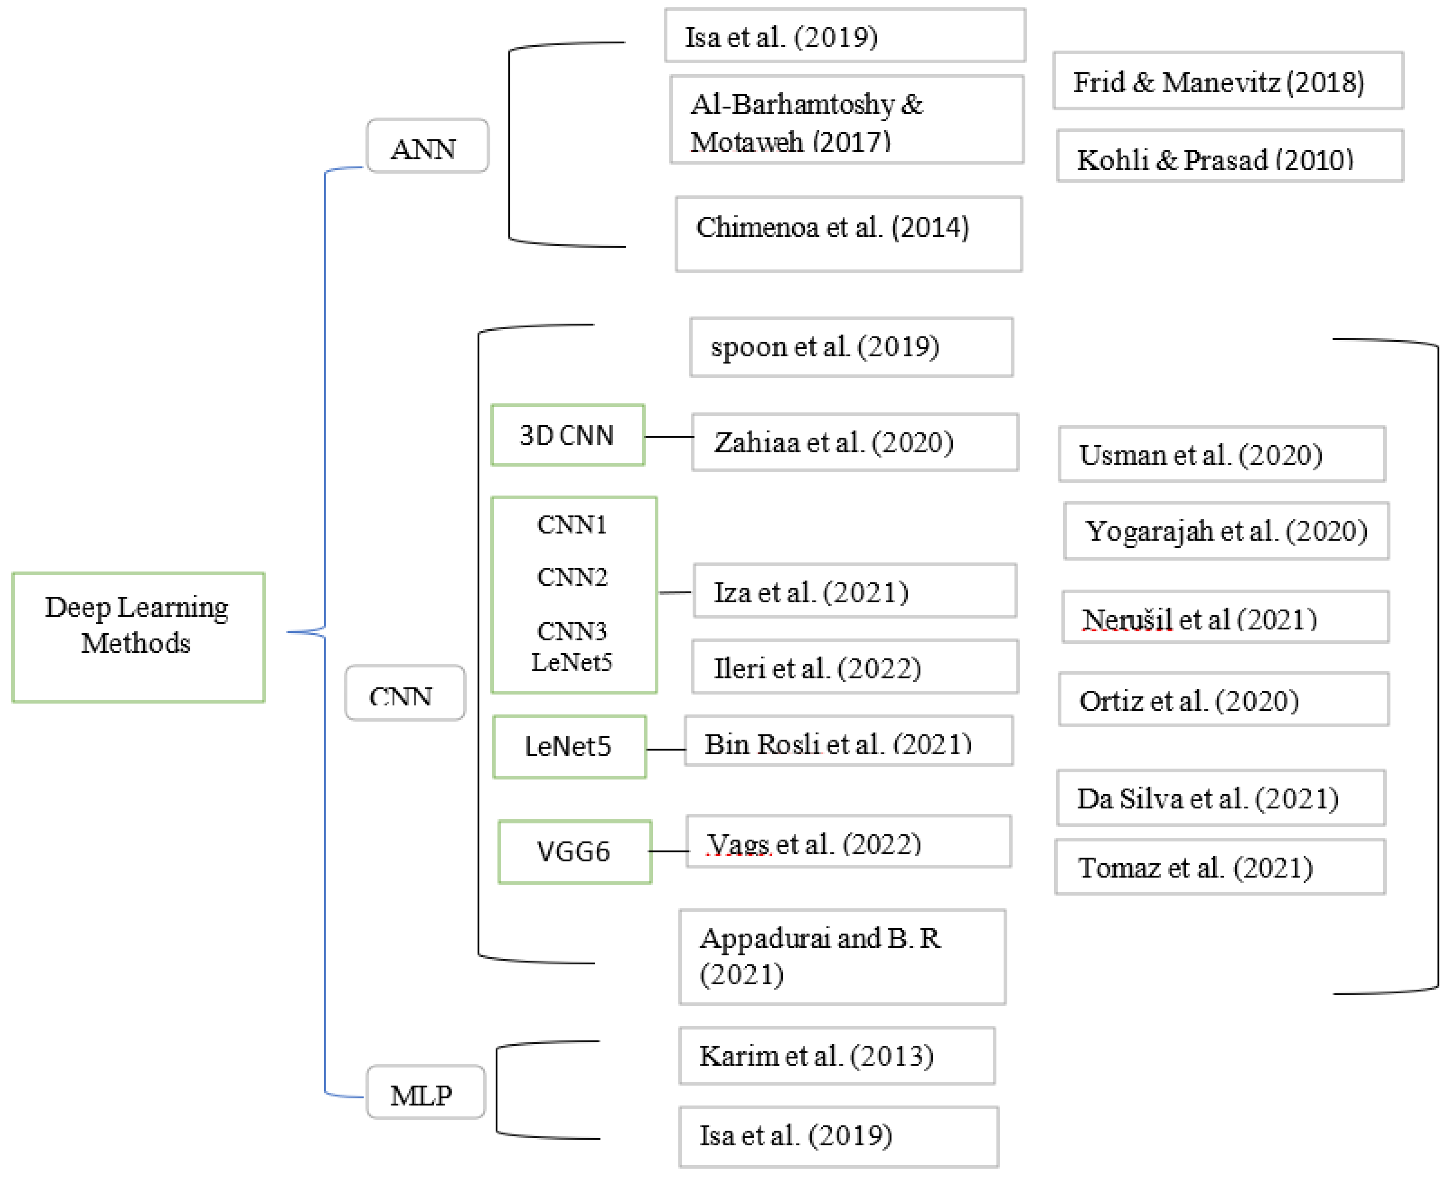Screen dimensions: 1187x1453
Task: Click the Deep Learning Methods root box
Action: [138, 637]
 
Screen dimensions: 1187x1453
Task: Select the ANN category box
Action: [427, 146]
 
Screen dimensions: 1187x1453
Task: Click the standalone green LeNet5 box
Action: [568, 747]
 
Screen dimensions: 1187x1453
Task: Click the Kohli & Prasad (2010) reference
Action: [1229, 157]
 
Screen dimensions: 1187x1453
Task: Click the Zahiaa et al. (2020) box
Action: [854, 442]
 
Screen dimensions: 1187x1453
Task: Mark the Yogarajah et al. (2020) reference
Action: [1226, 531]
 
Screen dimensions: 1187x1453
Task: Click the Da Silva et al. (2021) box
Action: [1220, 798]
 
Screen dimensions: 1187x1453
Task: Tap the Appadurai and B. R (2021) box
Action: [842, 956]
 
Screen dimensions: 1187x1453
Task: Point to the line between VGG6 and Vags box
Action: [668, 851]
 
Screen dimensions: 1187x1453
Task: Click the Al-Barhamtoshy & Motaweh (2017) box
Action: [846, 120]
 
